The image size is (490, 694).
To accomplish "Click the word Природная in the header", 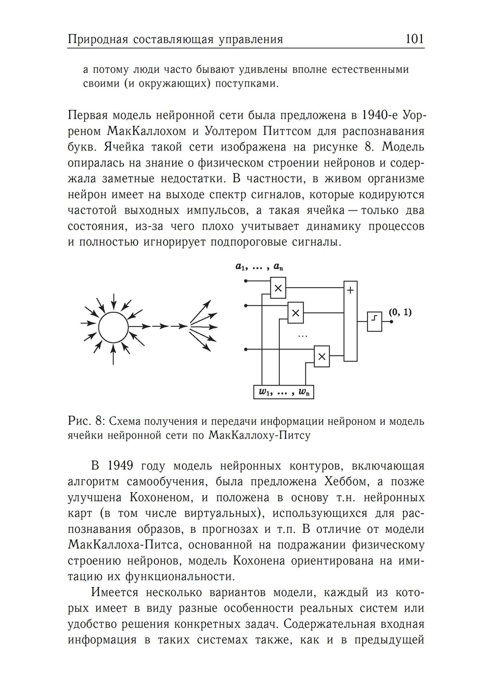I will pos(98,40).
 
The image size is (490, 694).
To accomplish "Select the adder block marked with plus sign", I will pos(350,321).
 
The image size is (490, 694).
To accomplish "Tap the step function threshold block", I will pos(374,322).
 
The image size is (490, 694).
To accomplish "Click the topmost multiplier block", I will pos(278,288).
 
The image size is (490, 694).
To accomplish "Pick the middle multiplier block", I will pos(295,313).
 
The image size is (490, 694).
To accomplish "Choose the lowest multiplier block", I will pos(321,357).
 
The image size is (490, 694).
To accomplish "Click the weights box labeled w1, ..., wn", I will pos(284,392).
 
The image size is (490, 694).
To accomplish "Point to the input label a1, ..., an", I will pos(259,267).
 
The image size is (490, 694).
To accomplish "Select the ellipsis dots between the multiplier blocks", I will pos(302,336).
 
